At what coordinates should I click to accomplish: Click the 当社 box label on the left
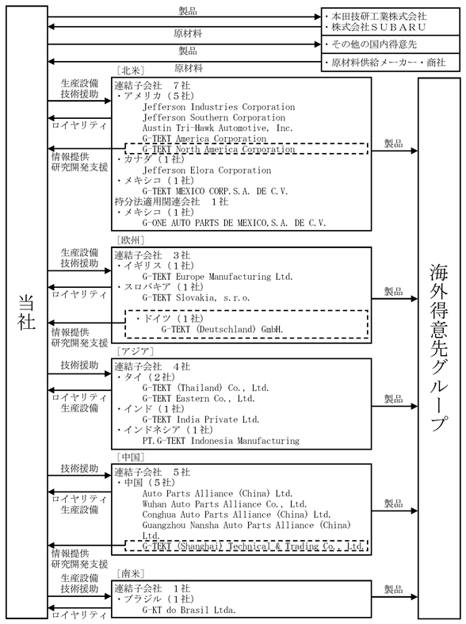[27, 312]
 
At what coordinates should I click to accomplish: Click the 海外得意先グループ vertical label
[438, 346]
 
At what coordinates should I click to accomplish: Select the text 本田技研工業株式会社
[379, 17]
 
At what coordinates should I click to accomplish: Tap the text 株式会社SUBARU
[379, 27]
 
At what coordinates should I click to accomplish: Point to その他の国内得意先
[374, 44]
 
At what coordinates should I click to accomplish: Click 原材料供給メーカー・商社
[388, 63]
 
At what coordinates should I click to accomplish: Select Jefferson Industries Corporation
[219, 107]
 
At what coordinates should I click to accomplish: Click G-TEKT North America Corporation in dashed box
[219, 149]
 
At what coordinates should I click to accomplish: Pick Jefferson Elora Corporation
[207, 170]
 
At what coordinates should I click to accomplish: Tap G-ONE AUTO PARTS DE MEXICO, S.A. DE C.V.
[234, 223]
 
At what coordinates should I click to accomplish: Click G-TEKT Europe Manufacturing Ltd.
[217, 277]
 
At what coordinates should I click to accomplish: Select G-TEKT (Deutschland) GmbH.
[222, 330]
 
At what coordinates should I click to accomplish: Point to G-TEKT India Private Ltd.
[201, 419]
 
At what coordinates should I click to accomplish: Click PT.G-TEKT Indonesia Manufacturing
[220, 441]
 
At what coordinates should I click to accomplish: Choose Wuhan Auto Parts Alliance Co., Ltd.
[224, 504]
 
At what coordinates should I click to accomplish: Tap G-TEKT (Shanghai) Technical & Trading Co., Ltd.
[253, 546]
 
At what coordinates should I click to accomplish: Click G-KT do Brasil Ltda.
[189, 610]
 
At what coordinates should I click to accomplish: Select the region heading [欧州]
[131, 240]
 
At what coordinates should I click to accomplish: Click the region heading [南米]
[131, 573]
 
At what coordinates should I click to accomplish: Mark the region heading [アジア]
[136, 351]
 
